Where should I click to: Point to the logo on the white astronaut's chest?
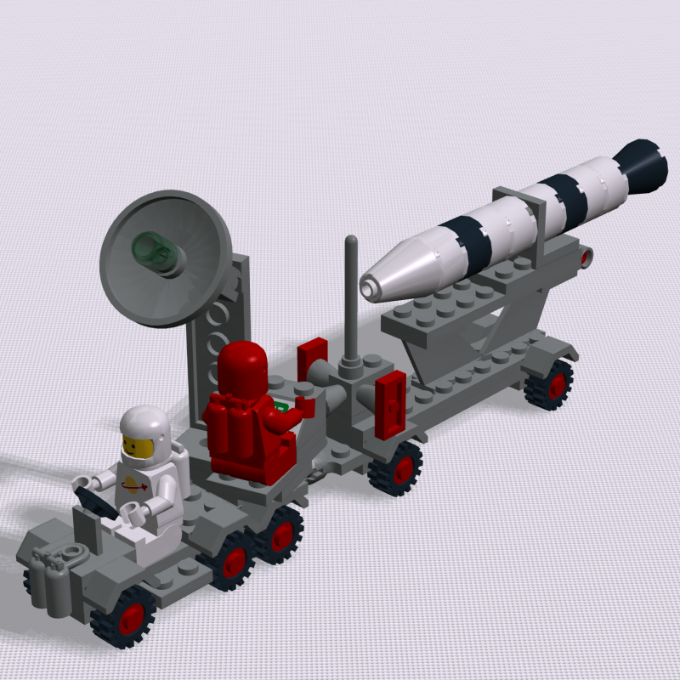tap(136, 487)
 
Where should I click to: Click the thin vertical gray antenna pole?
tap(349, 297)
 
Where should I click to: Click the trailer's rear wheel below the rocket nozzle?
tap(548, 384)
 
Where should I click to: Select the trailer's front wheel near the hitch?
tap(397, 468)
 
